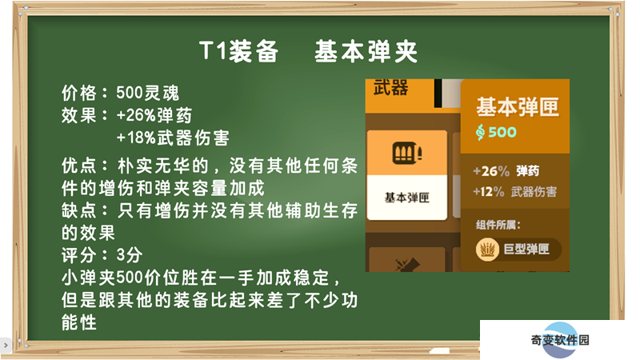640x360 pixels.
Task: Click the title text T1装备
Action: pos(238,51)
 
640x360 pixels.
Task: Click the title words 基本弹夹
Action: pos(366,51)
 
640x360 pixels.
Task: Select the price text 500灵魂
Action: pos(148,93)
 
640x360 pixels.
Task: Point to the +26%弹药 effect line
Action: pos(154,115)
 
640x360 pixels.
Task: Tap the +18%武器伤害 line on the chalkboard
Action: pos(173,138)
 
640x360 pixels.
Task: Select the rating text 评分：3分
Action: pos(102,255)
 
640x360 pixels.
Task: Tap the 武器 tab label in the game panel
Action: pos(390,88)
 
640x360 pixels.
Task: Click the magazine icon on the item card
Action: pos(407,153)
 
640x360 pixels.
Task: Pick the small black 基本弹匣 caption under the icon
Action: pos(407,198)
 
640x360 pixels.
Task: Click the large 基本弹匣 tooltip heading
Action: pos(518,107)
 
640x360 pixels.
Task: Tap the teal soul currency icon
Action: pos(481,132)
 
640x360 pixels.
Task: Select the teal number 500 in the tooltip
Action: pos(502,132)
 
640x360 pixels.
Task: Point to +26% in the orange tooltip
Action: pos(491,171)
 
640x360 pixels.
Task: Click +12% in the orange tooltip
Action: pos(489,191)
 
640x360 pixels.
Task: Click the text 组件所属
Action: pos(498,225)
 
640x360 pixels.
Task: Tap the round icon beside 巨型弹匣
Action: pos(487,249)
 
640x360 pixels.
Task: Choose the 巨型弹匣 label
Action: pos(526,249)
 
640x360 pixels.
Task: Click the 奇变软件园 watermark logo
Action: pos(560,339)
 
